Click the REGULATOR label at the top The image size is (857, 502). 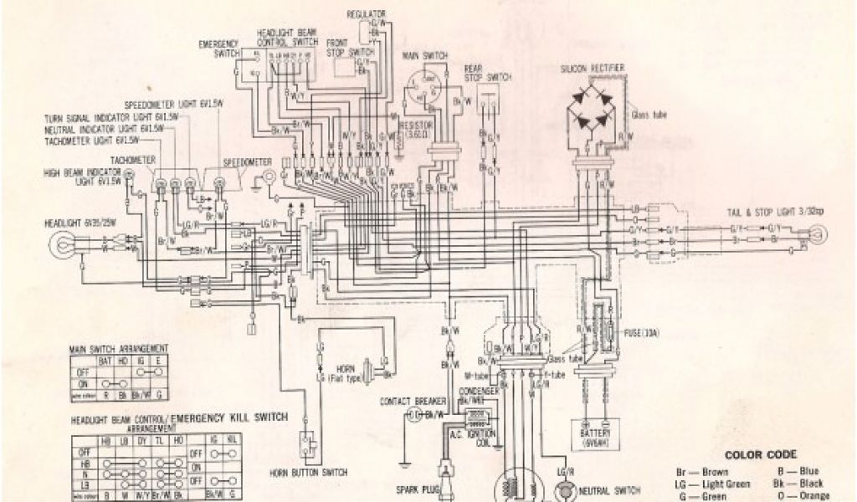pos(366,14)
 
